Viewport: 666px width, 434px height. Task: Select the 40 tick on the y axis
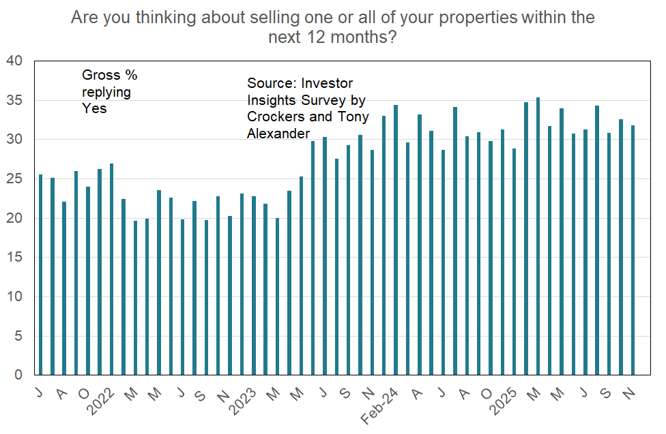coord(14,61)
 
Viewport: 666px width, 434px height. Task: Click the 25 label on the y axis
coord(14,179)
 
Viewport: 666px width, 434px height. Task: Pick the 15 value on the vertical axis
coord(14,258)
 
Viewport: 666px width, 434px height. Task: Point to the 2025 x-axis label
coord(507,397)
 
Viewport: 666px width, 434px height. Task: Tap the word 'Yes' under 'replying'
coord(93,108)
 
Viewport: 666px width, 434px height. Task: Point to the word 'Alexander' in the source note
coord(278,134)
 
